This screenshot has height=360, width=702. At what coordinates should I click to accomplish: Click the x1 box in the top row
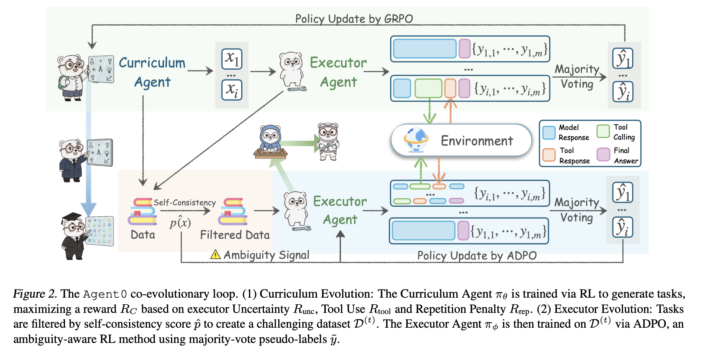232,59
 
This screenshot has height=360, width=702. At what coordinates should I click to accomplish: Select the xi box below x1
232,90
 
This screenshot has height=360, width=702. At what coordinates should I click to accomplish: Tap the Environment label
477,141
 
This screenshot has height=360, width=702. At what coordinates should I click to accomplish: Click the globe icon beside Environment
416,140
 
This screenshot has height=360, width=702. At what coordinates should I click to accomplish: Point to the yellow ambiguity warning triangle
215,255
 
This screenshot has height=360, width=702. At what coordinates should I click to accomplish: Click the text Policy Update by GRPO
354,19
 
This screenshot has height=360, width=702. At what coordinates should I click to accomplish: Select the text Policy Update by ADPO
477,256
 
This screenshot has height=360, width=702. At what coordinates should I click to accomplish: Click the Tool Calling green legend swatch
603,131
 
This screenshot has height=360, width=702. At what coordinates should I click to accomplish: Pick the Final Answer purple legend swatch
603,154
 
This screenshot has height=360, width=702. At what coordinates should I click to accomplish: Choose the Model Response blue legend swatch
549,132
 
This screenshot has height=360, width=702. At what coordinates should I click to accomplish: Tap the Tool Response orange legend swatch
549,155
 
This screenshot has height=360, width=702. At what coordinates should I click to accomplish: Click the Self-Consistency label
184,203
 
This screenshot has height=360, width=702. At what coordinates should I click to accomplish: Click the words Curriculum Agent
152,72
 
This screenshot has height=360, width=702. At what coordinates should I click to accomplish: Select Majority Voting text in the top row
577,76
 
